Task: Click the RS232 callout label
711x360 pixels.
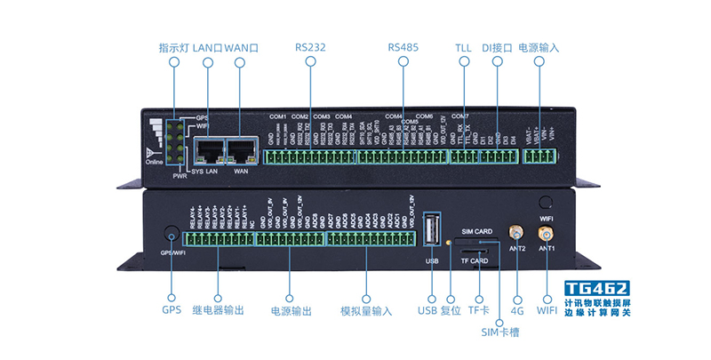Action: (x=310, y=46)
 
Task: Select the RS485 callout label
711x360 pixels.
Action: (x=403, y=46)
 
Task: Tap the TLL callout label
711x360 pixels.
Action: (x=463, y=46)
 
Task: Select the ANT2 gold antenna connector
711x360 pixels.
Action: (x=515, y=233)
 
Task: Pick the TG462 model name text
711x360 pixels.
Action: (x=597, y=289)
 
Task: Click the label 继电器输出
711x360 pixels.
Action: (x=219, y=311)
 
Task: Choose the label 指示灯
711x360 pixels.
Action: (x=173, y=46)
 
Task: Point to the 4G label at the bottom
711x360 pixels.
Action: (x=515, y=311)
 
